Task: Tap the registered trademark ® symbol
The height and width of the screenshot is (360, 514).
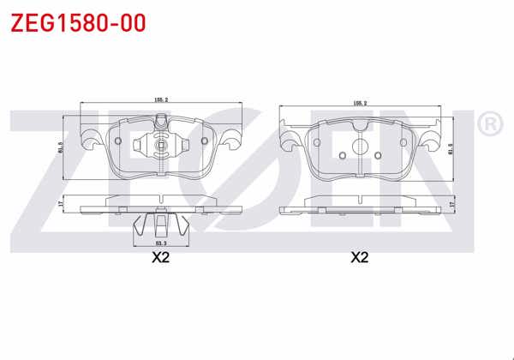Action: pyautogui.click(x=488, y=126)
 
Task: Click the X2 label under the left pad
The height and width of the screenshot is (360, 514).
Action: pyautogui.click(x=161, y=256)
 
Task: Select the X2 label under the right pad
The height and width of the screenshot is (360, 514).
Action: pyautogui.click(x=359, y=256)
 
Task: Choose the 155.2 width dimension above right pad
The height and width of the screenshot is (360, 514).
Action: pyautogui.click(x=360, y=103)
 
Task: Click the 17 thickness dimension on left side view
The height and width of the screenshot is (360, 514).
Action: pyautogui.click(x=61, y=203)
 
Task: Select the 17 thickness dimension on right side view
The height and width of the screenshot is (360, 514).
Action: pyautogui.click(x=451, y=204)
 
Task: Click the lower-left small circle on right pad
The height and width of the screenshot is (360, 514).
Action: pyautogui.click(x=342, y=155)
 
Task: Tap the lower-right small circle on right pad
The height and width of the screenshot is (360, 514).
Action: pyautogui.click(x=378, y=155)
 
